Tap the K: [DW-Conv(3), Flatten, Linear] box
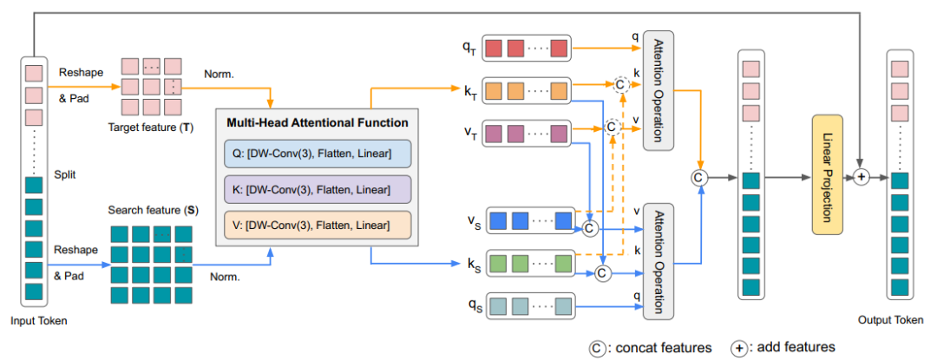coord(316,189)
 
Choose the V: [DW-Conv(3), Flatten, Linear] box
coord(316,224)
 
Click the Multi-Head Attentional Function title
coord(317,124)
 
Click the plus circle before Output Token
coord(861,176)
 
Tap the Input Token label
coord(38,322)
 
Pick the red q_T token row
coord(525,47)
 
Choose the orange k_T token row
coord(525,90)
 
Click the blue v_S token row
coord(529,220)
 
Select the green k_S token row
coord(529,262)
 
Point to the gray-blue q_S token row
coord(529,304)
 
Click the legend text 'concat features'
coord(661,348)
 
